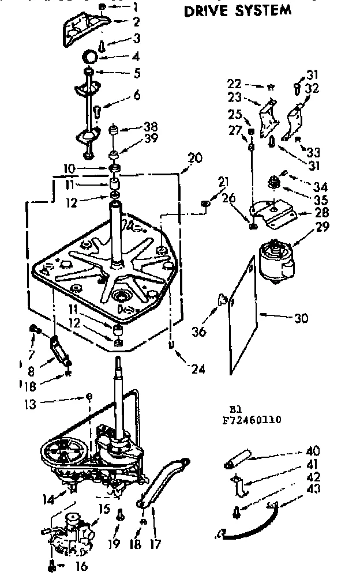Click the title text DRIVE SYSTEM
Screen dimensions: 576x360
[x=237, y=10]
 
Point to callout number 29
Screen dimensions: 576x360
[x=322, y=227]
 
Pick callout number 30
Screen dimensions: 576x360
[x=301, y=318]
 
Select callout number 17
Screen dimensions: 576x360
[x=156, y=543]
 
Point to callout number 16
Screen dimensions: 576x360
[x=82, y=566]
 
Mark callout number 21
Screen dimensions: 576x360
[x=222, y=183]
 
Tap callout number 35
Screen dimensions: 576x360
[x=322, y=201]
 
